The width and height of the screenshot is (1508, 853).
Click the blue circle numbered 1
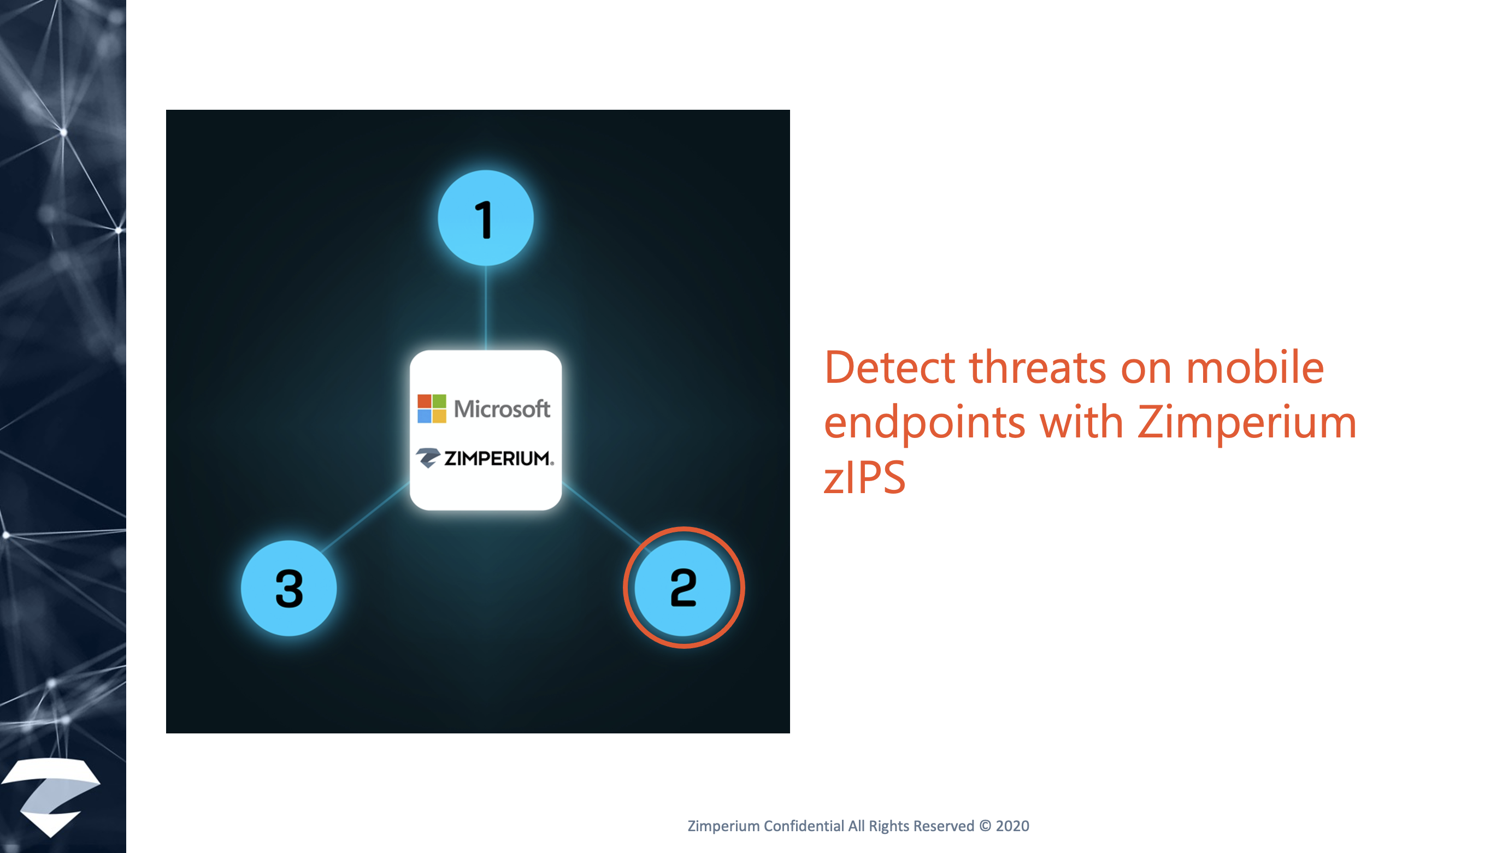point(485,218)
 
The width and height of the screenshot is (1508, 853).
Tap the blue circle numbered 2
point(683,588)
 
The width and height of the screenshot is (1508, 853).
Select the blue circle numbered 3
point(288,588)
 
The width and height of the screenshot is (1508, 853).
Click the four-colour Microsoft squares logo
point(431,408)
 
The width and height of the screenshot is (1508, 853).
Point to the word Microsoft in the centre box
point(502,409)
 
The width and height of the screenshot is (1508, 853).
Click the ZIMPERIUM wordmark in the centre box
point(499,458)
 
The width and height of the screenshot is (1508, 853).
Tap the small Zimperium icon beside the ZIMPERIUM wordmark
point(428,458)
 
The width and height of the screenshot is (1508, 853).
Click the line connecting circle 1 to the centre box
point(485,308)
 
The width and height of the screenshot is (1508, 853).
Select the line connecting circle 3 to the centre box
point(366,516)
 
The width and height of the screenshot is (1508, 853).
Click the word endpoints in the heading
point(924,423)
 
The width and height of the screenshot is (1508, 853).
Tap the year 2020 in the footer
point(1012,826)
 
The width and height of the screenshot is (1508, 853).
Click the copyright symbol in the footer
point(985,826)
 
